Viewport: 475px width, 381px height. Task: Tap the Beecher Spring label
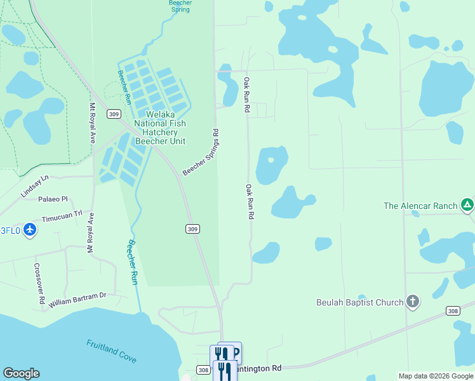click(x=180, y=6)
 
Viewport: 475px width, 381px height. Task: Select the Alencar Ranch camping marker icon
click(x=467, y=205)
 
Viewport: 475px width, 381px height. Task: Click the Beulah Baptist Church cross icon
click(x=413, y=302)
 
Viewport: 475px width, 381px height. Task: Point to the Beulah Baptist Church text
click(x=359, y=302)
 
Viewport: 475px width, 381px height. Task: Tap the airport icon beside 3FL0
click(x=30, y=230)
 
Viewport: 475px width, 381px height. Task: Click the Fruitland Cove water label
click(x=111, y=351)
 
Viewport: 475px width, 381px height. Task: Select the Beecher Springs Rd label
click(x=201, y=153)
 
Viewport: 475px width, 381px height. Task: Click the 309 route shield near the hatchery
click(x=113, y=114)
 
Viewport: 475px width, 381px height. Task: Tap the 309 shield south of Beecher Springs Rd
click(x=193, y=229)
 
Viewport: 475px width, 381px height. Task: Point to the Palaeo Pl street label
click(x=53, y=199)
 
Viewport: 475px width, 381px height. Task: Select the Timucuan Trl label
click(x=62, y=217)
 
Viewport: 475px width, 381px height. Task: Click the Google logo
click(x=21, y=373)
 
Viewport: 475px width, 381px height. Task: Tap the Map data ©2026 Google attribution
click(x=436, y=376)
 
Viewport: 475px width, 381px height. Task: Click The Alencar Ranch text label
click(x=420, y=206)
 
